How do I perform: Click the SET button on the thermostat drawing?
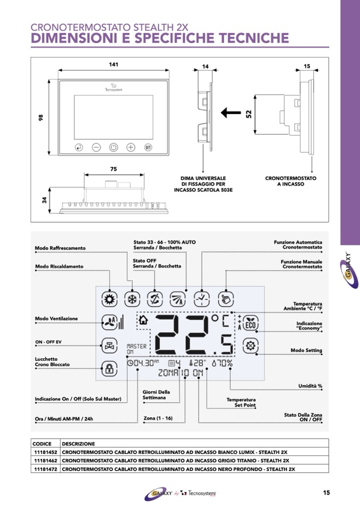click(x=148, y=148)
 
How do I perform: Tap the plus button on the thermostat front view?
click(x=131, y=148)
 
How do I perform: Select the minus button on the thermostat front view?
click(x=96, y=148)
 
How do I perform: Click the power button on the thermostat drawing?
click(x=114, y=148)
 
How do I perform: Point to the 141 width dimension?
click(x=113, y=64)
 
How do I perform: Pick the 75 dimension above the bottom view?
click(x=114, y=169)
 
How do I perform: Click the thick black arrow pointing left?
click(x=230, y=112)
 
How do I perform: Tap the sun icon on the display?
click(x=109, y=299)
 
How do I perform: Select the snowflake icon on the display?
click(x=131, y=299)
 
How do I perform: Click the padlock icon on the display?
click(x=109, y=367)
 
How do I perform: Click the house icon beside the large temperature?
click(x=142, y=320)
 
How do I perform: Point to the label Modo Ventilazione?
click(x=56, y=318)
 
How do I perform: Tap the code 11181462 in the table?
click(x=45, y=460)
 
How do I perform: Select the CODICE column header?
click(x=42, y=444)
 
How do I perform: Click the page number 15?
click(x=327, y=493)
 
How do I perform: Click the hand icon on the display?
click(x=226, y=299)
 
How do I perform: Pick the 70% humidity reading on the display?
click(x=222, y=364)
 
